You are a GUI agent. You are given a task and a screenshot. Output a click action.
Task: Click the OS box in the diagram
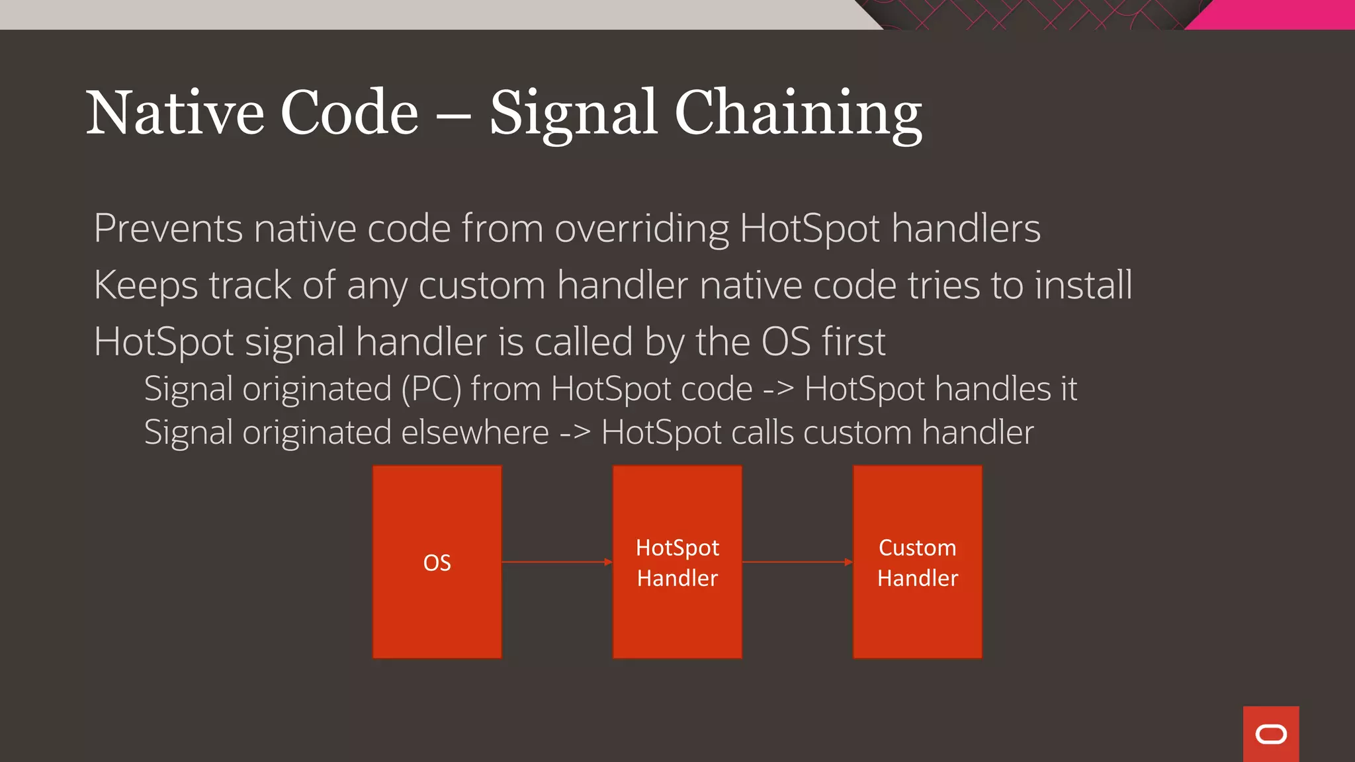(437, 562)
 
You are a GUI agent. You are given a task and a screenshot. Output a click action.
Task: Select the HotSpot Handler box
(677, 562)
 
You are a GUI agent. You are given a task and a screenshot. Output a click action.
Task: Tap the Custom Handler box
(917, 562)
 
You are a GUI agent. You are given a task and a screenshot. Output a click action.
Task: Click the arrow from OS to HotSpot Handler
(556, 562)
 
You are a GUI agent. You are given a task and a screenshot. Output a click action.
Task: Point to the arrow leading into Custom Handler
(797, 562)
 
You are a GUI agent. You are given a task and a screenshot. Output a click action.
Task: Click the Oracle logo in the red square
(1270, 734)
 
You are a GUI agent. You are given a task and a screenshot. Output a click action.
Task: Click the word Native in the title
(175, 113)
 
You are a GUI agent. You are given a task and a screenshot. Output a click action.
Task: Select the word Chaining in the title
(798, 113)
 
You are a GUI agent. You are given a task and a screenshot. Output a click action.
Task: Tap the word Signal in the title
(573, 113)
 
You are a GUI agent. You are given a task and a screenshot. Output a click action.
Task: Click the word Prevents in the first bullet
(168, 229)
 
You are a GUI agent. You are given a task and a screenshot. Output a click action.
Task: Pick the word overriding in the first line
(641, 229)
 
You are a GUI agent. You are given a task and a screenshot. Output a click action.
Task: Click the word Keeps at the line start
(146, 286)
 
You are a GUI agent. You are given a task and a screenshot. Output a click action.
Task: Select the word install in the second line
(1083, 286)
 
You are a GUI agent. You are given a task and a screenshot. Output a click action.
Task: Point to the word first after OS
(853, 343)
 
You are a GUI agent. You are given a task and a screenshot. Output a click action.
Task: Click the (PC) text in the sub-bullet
(431, 389)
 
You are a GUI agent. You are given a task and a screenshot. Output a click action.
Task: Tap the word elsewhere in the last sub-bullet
(474, 433)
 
